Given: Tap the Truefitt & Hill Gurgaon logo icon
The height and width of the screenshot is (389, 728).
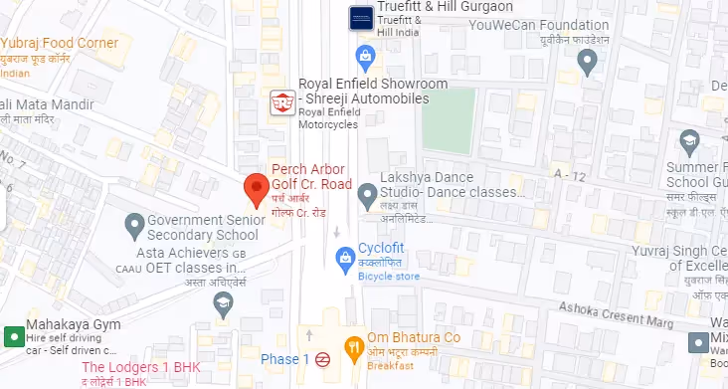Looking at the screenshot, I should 361,17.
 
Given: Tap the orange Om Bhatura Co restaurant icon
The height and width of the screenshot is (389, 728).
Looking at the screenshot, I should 351,346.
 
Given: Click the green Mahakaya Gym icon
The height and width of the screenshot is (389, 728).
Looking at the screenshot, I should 14,337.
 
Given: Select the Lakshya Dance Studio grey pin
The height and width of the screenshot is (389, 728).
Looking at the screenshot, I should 367,192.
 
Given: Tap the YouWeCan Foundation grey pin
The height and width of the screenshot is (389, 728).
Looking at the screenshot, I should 587,65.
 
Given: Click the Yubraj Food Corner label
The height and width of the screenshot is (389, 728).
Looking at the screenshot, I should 61,43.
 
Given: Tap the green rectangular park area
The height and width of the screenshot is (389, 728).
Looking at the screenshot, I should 449,120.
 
